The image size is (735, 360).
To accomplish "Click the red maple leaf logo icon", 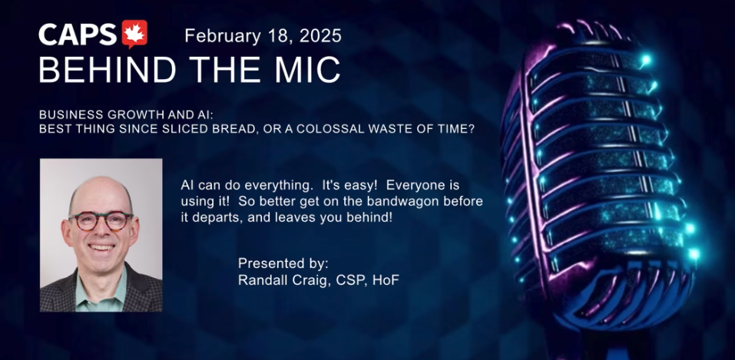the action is (x=134, y=34).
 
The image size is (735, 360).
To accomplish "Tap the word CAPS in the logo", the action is (x=78, y=35).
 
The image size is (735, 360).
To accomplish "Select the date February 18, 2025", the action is (x=263, y=36).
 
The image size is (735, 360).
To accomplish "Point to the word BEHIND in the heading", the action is (x=108, y=70).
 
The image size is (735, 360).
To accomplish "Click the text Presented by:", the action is (x=283, y=264).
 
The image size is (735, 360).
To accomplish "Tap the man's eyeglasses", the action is (x=101, y=221).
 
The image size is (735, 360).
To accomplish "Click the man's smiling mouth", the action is (x=101, y=246).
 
